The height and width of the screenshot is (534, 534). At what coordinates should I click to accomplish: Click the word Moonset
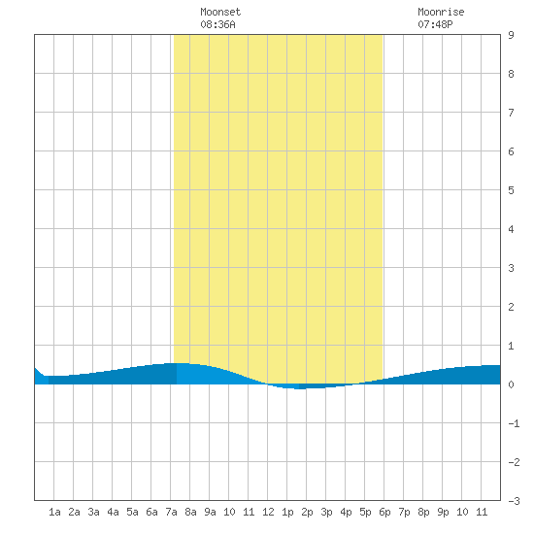pos(220,12)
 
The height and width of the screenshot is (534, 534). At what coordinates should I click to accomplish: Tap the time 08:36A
pos(217,24)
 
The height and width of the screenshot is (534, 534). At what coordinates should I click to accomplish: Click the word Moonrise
pos(441,12)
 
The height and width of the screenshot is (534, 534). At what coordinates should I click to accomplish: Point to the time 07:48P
pos(435,24)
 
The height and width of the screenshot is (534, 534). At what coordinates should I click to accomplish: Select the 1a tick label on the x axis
pos(54,512)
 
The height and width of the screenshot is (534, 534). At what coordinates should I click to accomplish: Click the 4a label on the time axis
pos(113,512)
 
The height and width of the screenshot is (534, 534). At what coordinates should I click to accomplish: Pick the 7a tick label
pos(171,512)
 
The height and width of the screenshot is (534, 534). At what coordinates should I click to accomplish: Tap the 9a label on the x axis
pos(210,512)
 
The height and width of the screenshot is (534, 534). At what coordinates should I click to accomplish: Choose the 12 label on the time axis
pos(268,512)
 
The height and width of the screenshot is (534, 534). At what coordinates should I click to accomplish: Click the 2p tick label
pos(307,513)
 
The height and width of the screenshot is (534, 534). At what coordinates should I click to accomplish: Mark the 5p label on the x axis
pos(365,513)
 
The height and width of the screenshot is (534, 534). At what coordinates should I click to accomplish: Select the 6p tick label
pos(384,513)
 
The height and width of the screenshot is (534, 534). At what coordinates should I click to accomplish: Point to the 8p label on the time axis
pos(423,513)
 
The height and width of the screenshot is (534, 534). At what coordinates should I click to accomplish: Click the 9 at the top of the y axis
pos(511,35)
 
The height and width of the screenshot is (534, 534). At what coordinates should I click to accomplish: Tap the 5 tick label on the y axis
pos(511,190)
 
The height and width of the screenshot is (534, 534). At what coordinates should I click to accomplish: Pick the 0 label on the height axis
pos(511,384)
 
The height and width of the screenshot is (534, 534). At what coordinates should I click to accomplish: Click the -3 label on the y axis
pos(514,501)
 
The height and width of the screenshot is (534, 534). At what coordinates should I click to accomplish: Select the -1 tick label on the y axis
pos(514,423)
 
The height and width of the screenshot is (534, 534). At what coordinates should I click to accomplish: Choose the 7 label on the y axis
pos(511,113)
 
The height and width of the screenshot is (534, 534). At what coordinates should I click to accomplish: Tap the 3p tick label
pos(326,513)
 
